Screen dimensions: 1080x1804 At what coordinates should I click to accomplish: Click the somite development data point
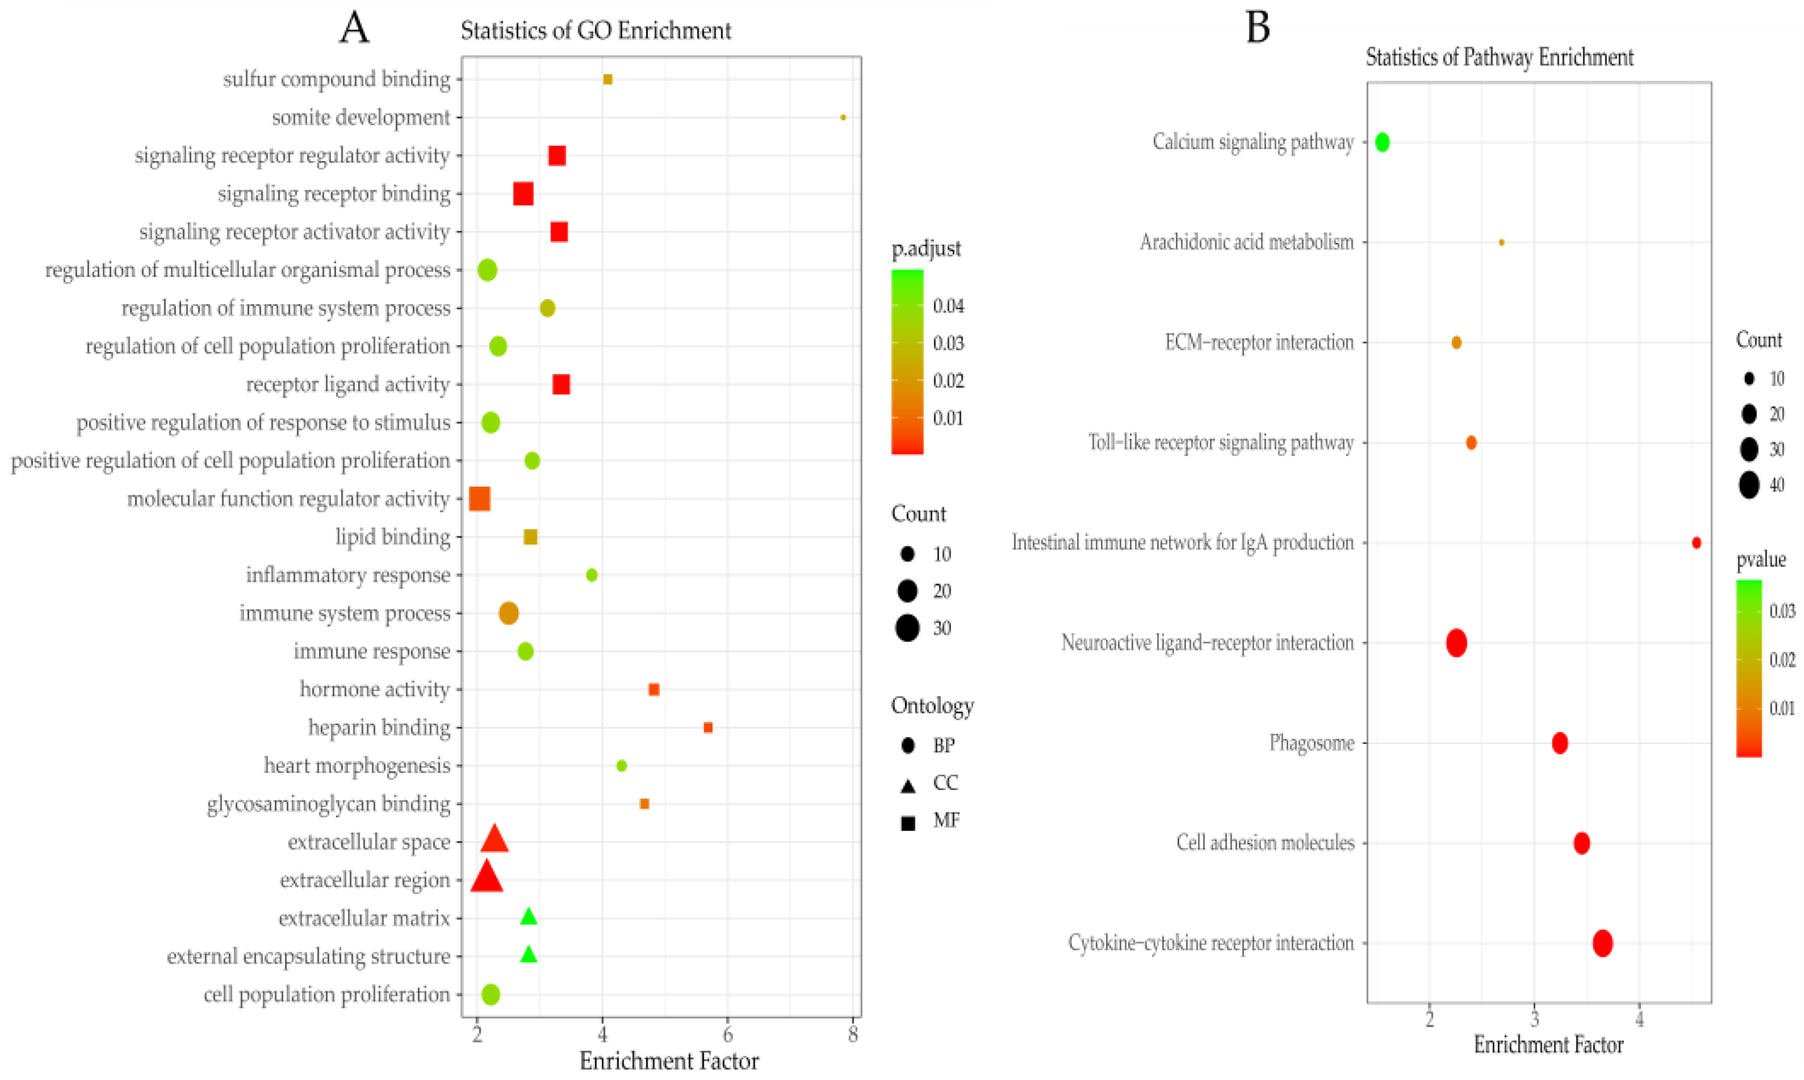[843, 117]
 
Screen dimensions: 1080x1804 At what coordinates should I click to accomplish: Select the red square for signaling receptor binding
[523, 194]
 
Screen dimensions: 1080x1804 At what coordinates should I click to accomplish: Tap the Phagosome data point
[1559, 743]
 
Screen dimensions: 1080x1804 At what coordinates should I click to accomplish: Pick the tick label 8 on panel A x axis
[853, 1034]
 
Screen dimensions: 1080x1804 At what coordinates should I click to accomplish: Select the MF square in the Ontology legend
[907, 823]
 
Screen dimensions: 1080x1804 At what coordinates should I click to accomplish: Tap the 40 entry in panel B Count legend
[1750, 485]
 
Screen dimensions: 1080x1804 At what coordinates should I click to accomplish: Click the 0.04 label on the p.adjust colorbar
[948, 306]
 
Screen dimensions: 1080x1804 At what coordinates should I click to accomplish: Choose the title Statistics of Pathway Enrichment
[1499, 57]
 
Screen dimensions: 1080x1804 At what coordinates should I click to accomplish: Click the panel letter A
[355, 29]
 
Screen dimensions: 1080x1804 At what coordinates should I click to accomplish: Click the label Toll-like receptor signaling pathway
[1221, 443]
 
